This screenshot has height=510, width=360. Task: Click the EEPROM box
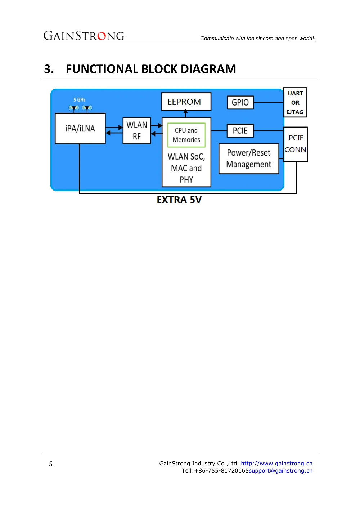186,102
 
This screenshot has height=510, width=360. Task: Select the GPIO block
240,102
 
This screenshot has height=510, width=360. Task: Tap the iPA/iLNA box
80,129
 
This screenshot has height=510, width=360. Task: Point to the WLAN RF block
136,131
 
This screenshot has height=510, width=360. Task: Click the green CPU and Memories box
186,135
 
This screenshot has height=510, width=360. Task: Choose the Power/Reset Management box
249,159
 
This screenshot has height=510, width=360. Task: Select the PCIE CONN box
295,144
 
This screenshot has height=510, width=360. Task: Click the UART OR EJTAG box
295,102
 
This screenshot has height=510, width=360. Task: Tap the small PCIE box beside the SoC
240,131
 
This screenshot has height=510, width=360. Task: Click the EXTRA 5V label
179,200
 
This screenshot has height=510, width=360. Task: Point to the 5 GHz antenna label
80,100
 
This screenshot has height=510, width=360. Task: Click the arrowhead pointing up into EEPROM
185,112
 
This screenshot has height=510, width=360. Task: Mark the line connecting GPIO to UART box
269,102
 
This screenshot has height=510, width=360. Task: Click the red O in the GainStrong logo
102,36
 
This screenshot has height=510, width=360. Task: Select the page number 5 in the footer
50,464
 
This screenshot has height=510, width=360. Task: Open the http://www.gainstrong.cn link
276,463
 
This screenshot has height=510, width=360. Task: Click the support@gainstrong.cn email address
280,471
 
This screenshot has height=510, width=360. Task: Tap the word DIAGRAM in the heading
208,69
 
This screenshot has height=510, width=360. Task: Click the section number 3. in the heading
49,69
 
